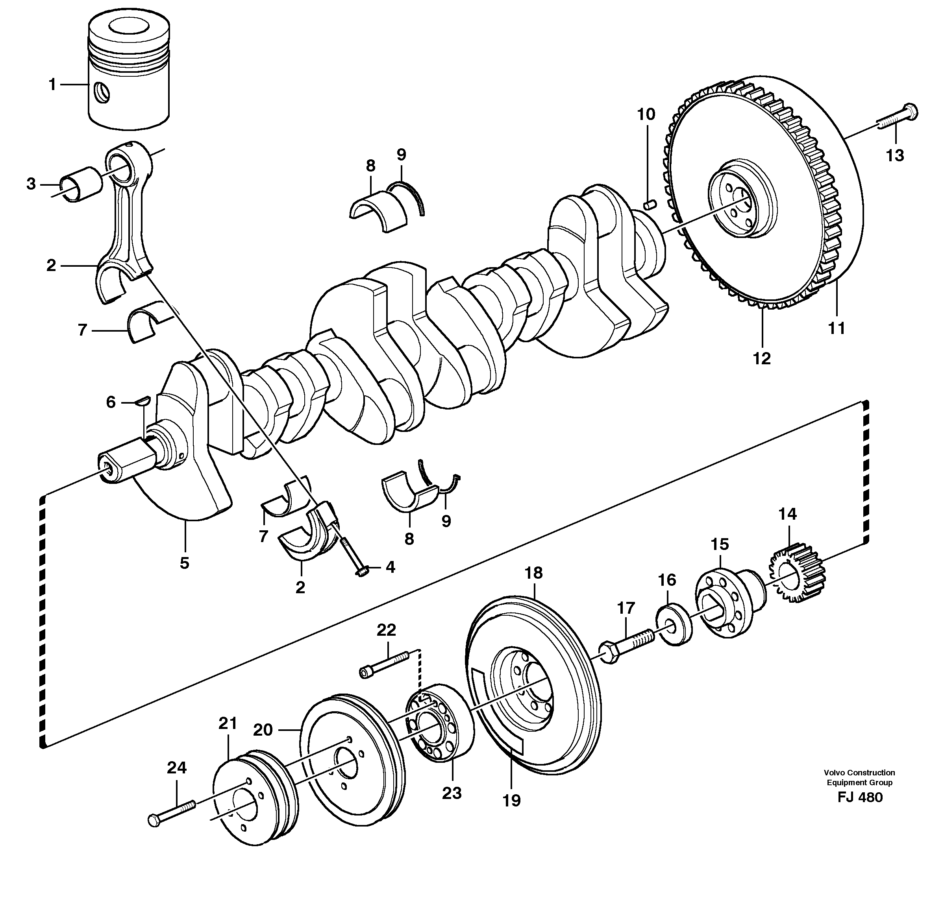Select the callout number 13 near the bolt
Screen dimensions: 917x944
click(x=895, y=155)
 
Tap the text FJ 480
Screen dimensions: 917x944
click(x=860, y=797)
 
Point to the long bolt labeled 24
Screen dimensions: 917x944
click(x=172, y=812)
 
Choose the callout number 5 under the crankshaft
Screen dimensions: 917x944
click(x=185, y=563)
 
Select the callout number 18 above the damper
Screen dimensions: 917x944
click(x=533, y=573)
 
